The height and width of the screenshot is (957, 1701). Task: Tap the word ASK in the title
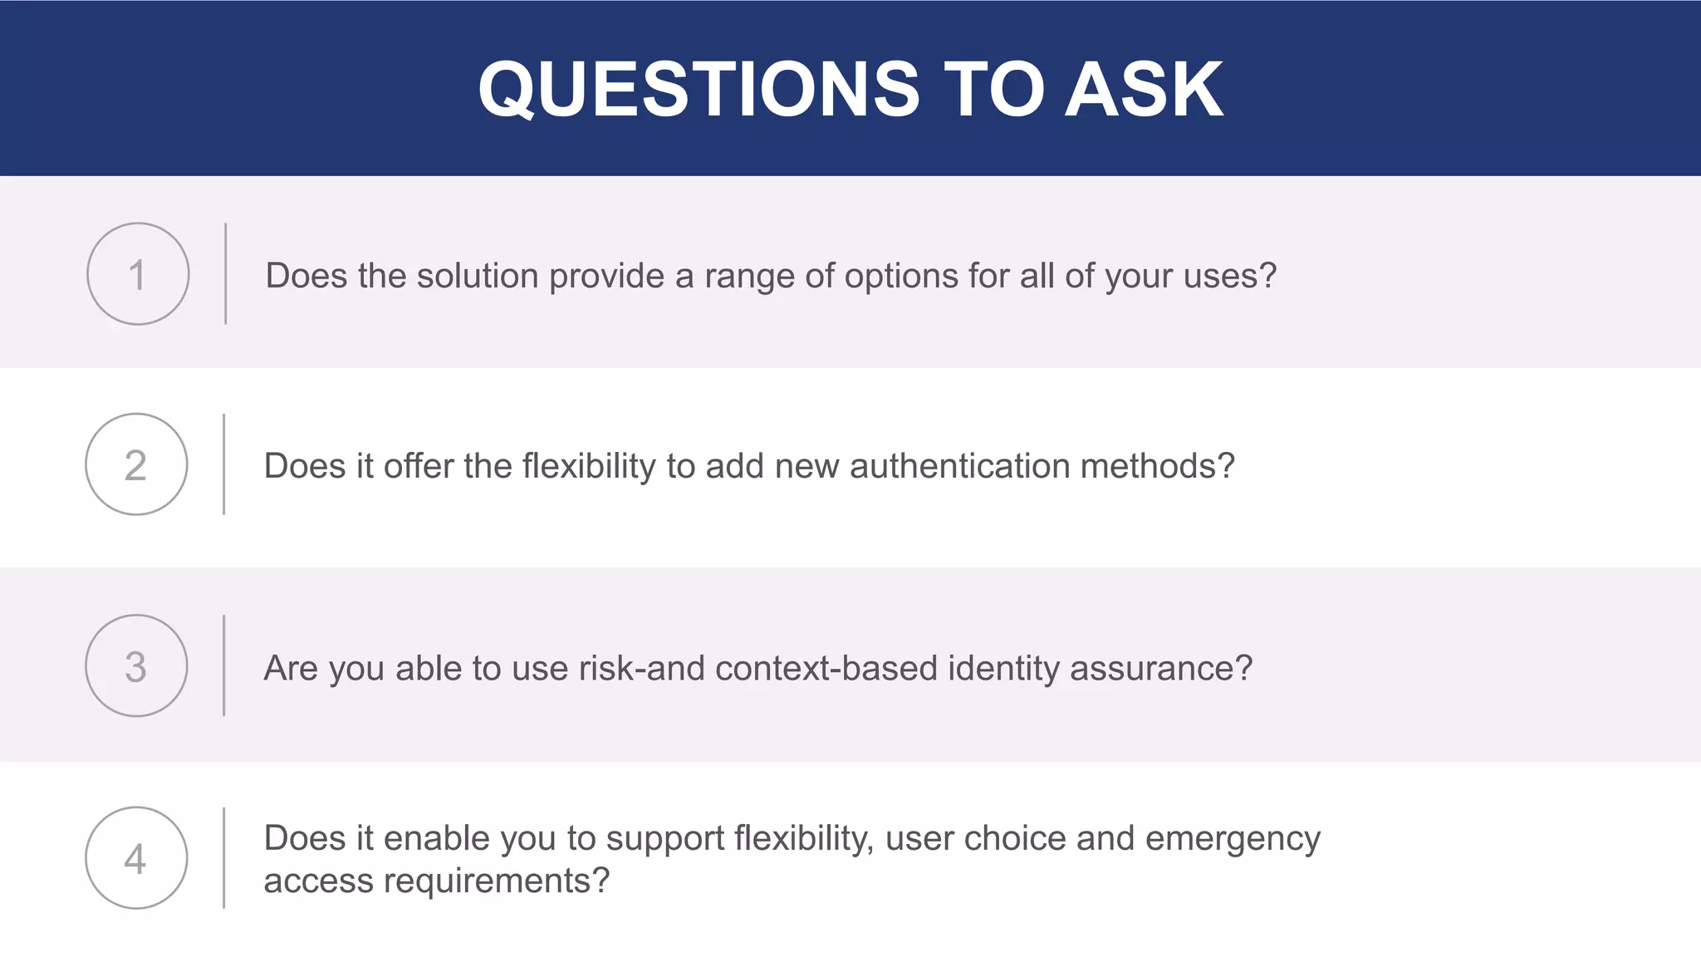(1144, 90)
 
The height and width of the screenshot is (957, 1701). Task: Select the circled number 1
(138, 274)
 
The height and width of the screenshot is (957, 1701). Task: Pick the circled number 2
(136, 464)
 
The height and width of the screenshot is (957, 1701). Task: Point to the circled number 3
(136, 666)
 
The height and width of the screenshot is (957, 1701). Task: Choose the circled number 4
(136, 858)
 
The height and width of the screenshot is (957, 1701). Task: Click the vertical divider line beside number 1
(225, 273)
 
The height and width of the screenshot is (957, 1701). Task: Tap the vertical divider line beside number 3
(223, 665)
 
